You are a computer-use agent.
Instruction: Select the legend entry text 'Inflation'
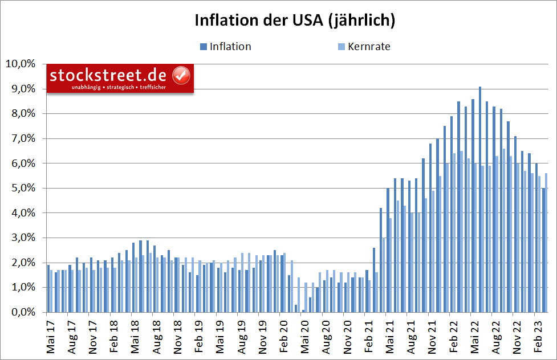coord(230,47)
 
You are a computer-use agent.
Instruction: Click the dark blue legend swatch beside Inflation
coord(204,47)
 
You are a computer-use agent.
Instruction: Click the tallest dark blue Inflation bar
coord(480,199)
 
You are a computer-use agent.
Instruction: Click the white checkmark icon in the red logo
coord(181,75)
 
